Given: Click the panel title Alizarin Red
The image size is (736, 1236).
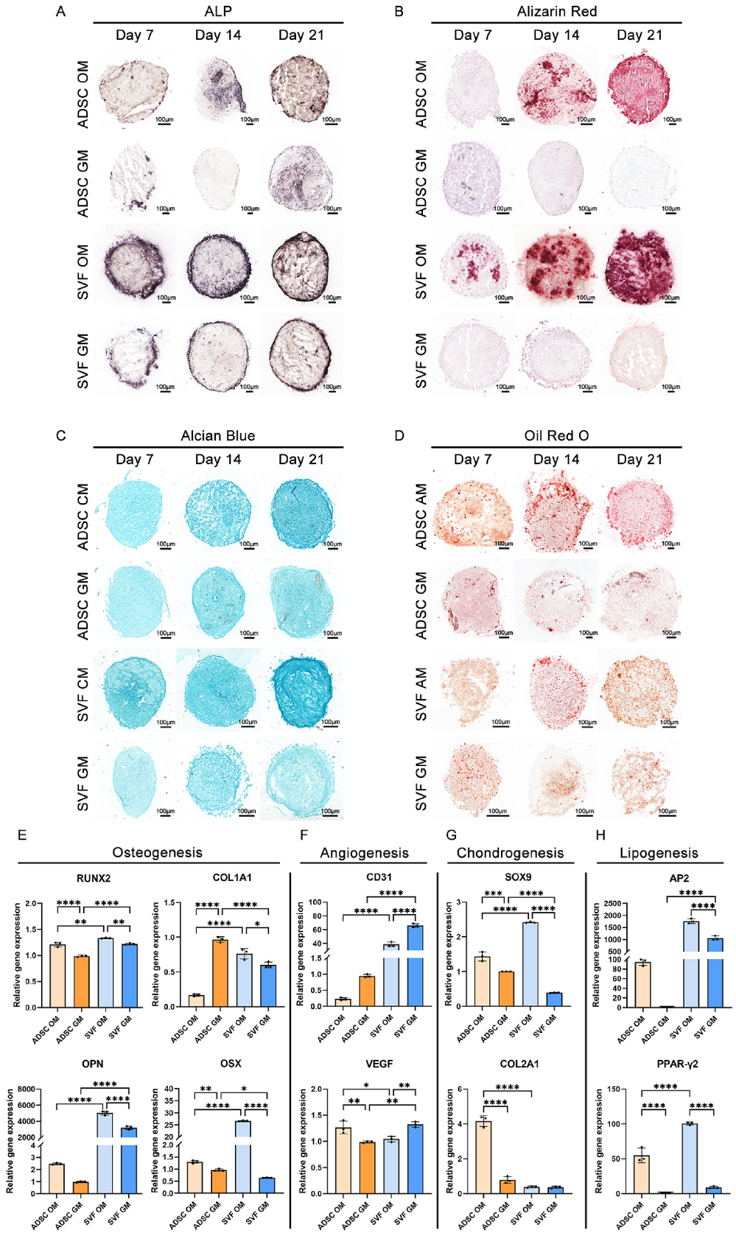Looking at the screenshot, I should (x=556, y=11).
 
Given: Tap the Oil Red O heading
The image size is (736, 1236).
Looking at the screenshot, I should (x=556, y=435).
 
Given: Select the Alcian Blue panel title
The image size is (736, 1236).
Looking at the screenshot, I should (x=218, y=435).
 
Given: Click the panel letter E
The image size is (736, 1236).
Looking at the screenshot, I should (x=22, y=835).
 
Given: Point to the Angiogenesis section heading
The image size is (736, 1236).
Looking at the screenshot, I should (x=364, y=853).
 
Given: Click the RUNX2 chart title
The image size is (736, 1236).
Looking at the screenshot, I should (x=93, y=878).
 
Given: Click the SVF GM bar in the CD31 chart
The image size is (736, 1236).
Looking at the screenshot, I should (x=415, y=965).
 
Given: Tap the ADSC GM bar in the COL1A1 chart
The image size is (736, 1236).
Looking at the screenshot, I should (x=220, y=973).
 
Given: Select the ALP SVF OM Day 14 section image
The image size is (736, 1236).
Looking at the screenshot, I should (x=219, y=266).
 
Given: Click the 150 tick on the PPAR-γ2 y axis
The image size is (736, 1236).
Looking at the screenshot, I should (x=614, y=1089).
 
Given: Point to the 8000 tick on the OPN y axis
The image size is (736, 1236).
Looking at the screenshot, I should (x=26, y=1089).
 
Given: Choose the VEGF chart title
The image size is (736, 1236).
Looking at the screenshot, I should (x=379, y=1064).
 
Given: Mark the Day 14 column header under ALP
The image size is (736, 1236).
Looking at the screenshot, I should (x=218, y=35).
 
